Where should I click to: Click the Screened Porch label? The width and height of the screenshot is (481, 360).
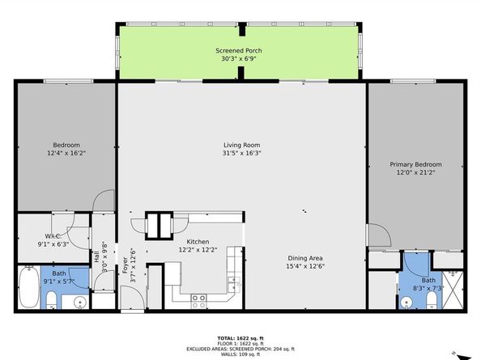[x=238, y=50]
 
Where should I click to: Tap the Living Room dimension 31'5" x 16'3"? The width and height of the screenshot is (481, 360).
[x=242, y=154]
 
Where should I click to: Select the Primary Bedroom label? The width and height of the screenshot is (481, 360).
[x=416, y=163]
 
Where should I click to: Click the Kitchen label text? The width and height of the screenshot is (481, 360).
[x=198, y=242]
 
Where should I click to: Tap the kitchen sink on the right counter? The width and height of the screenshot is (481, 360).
[x=235, y=284]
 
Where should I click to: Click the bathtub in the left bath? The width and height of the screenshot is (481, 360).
[x=28, y=289]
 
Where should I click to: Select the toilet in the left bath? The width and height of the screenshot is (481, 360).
[x=50, y=302]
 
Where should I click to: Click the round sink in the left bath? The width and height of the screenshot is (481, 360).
[x=79, y=303]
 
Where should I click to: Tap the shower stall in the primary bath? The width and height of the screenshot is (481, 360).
[x=451, y=288]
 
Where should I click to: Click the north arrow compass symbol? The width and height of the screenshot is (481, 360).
[x=462, y=353]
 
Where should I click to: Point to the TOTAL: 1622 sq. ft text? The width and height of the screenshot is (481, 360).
[x=240, y=335]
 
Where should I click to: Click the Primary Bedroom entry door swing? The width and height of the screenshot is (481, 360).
[x=377, y=235]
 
